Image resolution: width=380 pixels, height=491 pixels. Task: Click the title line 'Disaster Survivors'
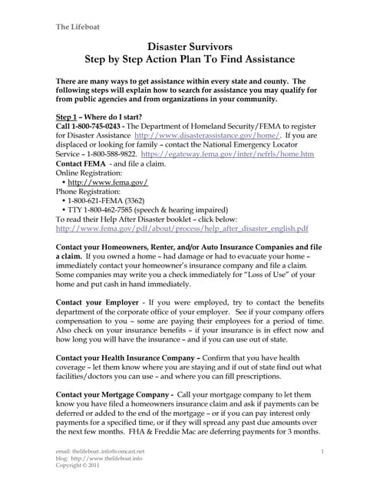pos(189,48)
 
